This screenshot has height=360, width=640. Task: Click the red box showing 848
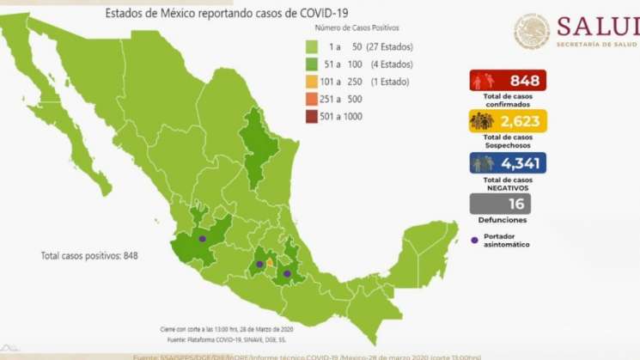(x=508, y=81)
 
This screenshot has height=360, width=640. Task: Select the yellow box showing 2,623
(x=508, y=121)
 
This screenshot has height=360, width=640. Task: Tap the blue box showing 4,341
(x=508, y=163)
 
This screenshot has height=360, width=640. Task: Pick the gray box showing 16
(x=500, y=204)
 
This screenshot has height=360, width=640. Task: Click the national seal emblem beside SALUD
(x=532, y=31)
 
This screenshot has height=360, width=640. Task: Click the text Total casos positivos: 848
(x=89, y=256)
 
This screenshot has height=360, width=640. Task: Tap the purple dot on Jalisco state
(x=202, y=239)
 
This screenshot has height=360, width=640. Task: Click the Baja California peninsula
(x=69, y=129)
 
